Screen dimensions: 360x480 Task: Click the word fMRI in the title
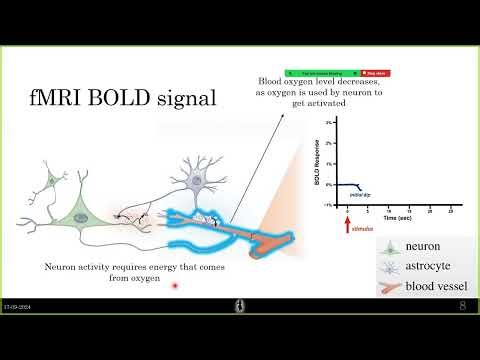(x=62, y=100)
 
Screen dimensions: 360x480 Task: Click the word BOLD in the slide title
(x=127, y=100)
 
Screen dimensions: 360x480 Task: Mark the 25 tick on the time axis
(x=453, y=212)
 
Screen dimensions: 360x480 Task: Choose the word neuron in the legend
(x=423, y=245)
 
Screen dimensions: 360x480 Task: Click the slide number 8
(x=462, y=307)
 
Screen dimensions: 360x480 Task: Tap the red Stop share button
(x=377, y=73)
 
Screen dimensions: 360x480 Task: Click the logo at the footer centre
(x=240, y=306)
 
